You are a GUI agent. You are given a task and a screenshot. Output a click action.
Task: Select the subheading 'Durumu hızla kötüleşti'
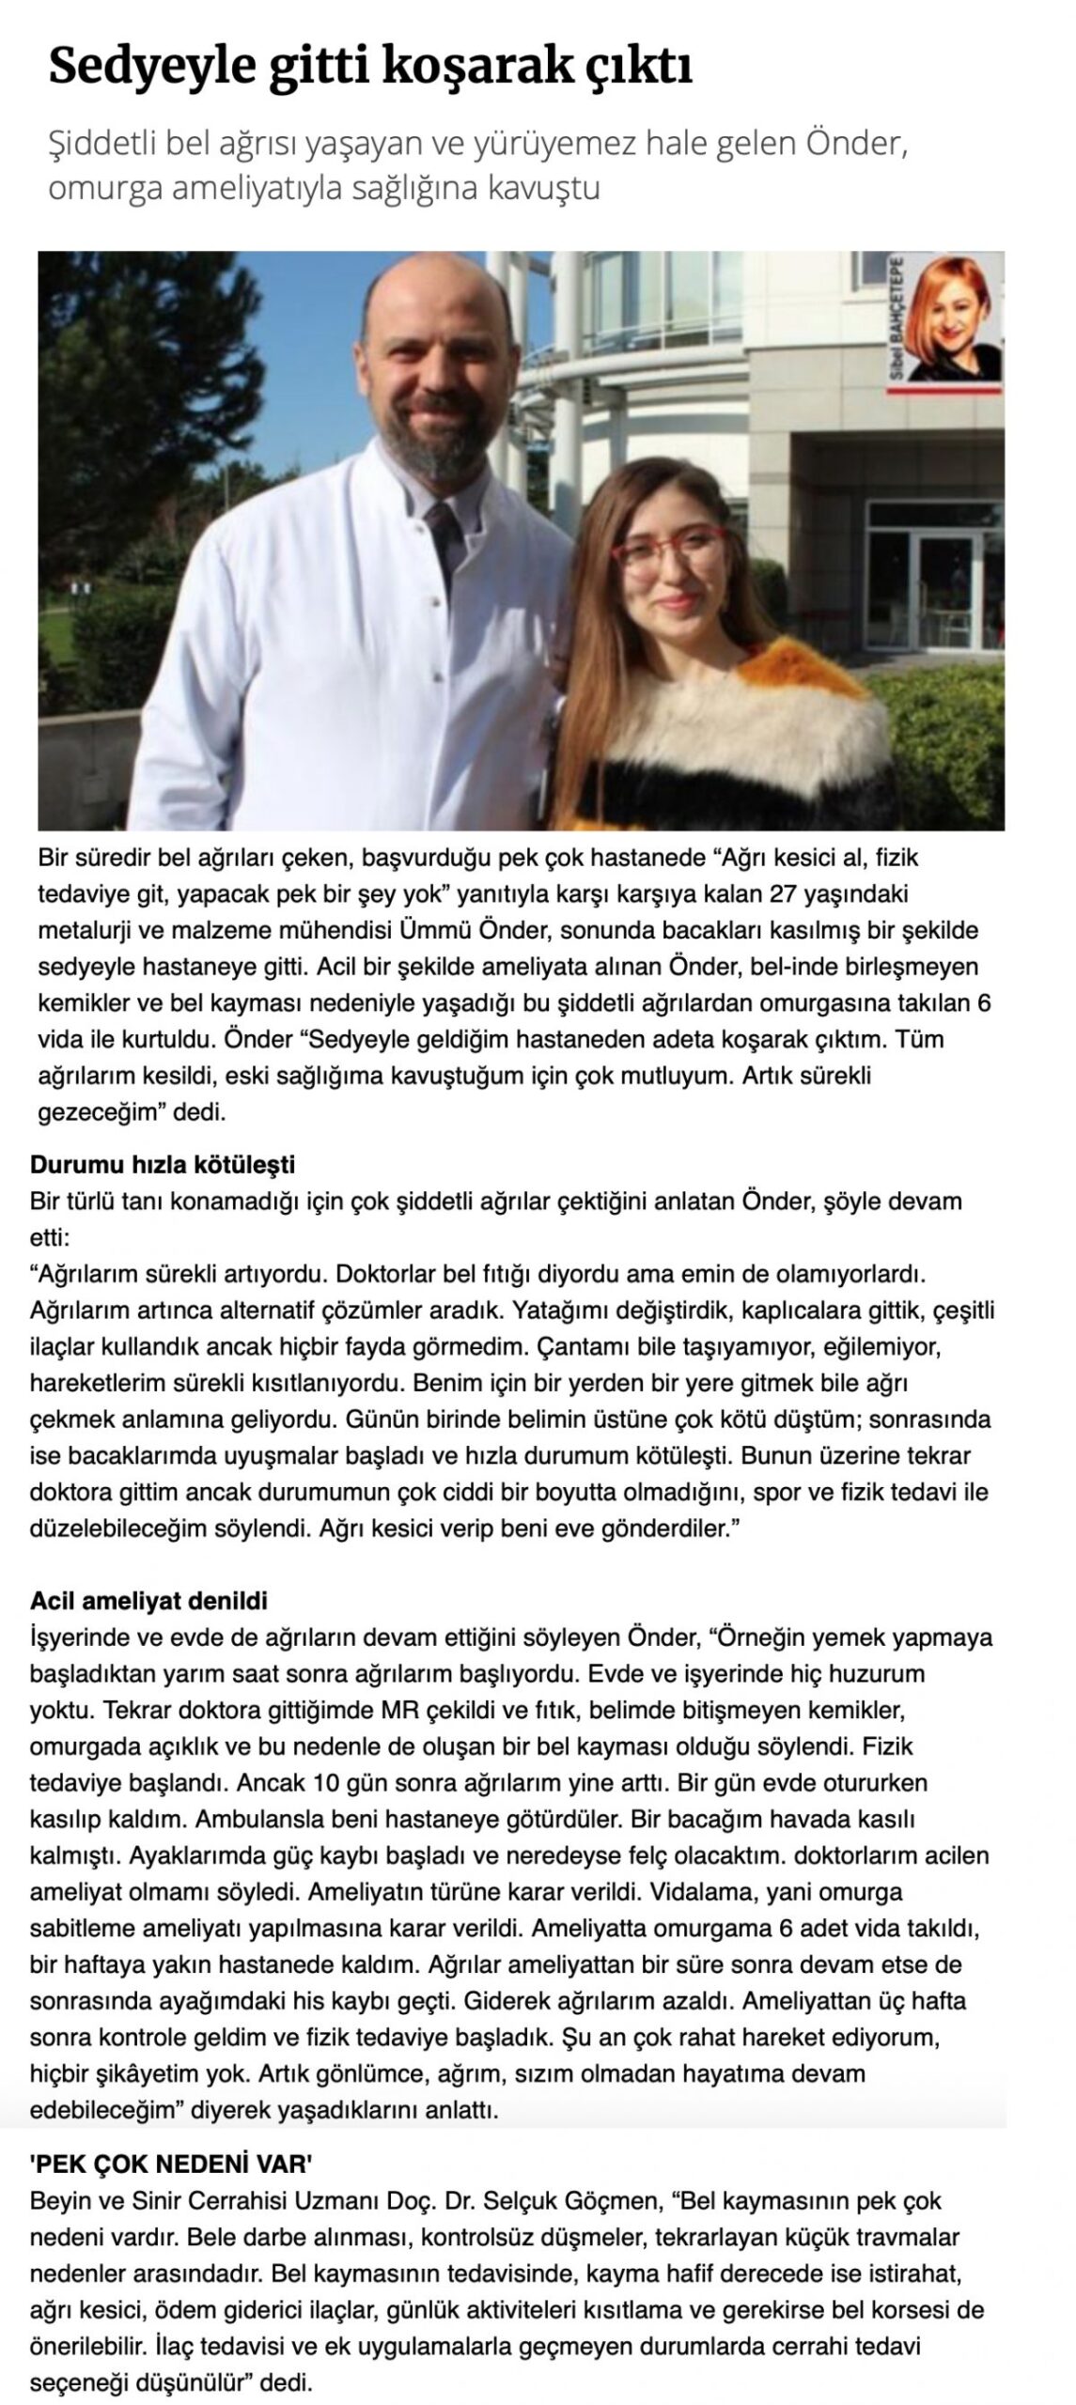(163, 1165)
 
